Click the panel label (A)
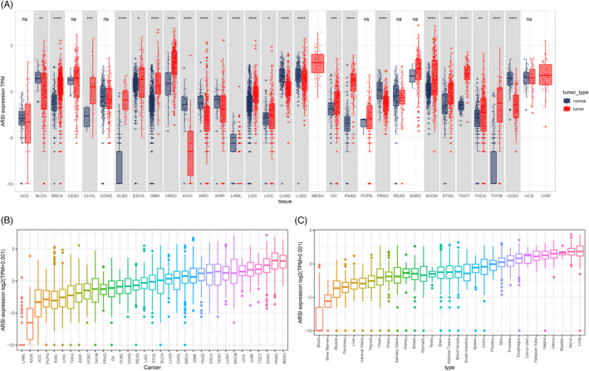click(x=9, y=6)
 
